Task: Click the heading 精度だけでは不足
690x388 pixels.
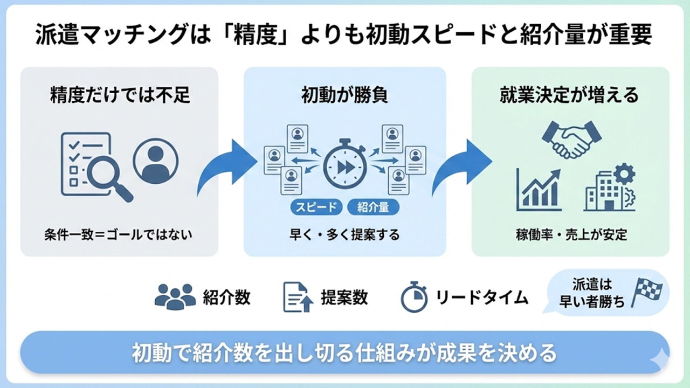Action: pyautogui.click(x=120, y=95)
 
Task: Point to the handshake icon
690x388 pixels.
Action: pyautogui.click(x=571, y=139)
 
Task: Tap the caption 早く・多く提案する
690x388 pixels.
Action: pyautogui.click(x=344, y=235)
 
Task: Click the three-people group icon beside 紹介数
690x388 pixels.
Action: pyautogui.click(x=175, y=296)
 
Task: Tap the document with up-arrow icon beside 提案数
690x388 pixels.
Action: pyautogui.click(x=298, y=297)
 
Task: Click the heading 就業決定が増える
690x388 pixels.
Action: pyautogui.click(x=570, y=95)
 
